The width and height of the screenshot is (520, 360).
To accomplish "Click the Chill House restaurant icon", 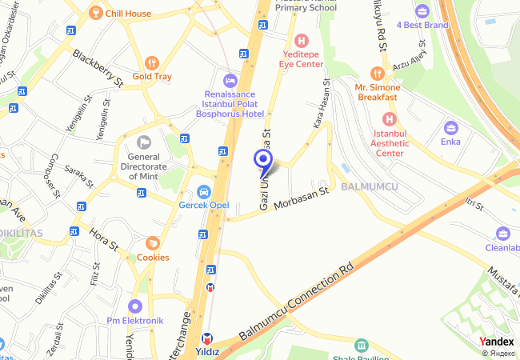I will [95, 13].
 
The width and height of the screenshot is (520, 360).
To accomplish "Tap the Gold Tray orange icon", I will [152, 62].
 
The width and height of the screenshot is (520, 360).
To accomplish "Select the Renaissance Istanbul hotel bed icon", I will [230, 81].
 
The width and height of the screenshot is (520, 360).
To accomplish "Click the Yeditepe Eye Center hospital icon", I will [302, 40].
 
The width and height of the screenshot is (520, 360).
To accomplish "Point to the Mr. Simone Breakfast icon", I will [377, 73].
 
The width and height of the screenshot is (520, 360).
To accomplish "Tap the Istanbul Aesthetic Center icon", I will [390, 118].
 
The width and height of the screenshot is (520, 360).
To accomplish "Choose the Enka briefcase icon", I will [451, 127].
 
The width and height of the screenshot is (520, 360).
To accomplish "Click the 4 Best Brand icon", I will [422, 11].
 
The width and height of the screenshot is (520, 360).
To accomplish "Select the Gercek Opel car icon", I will [203, 192].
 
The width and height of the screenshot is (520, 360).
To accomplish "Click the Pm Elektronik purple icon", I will [135, 306].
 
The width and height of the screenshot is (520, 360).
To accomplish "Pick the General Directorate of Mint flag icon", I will [144, 142].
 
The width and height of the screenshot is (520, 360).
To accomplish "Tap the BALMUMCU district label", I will [369, 186].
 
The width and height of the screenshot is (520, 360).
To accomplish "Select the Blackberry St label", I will [98, 69].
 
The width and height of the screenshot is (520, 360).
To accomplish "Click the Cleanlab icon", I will [503, 234].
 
